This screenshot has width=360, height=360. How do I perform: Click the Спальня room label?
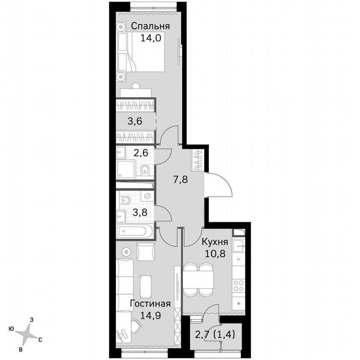pos(150,26)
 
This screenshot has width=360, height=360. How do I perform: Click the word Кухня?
pos(215,242)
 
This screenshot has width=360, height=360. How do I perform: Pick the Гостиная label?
pos(150,304)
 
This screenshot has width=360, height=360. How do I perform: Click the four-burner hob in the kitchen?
pos(239,285)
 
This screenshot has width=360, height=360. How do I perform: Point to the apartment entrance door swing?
pos(220,186)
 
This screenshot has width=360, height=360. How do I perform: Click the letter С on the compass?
pos(40,339)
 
